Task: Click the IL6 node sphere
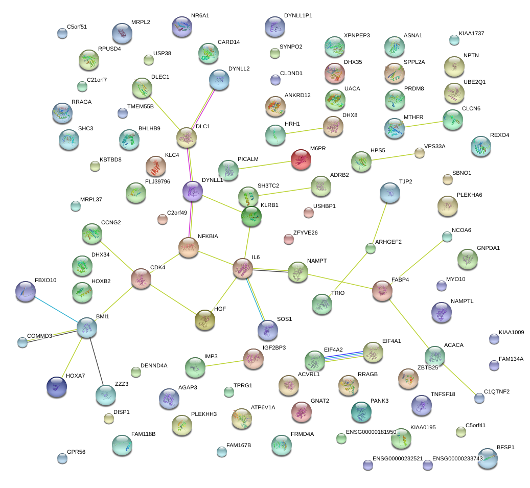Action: pyautogui.click(x=243, y=268)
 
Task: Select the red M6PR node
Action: pyautogui.click(x=301, y=159)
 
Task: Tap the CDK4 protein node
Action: pyautogui.click(x=141, y=278)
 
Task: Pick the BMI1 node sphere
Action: pyautogui.click(x=87, y=327)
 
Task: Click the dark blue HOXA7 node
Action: pyautogui.click(x=56, y=387)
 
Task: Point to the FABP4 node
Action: pyautogui.click(x=382, y=290)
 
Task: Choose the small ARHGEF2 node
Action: pyautogui.click(x=371, y=249)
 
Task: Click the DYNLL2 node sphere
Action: pyautogui.click(x=219, y=80)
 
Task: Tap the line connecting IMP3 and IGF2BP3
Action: pyautogui.click(x=224, y=362)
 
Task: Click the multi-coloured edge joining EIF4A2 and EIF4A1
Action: pyautogui.click(x=344, y=356)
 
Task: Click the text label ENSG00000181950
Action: pyautogui.click(x=371, y=432)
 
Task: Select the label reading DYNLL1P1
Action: pyautogui.click(x=298, y=16)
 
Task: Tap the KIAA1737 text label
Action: pyautogui.click(x=471, y=34)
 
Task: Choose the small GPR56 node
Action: pyautogui.click(x=62, y=458)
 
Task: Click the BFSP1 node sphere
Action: pyautogui.click(x=488, y=458)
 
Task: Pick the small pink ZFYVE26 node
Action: pyautogui.click(x=289, y=239)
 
